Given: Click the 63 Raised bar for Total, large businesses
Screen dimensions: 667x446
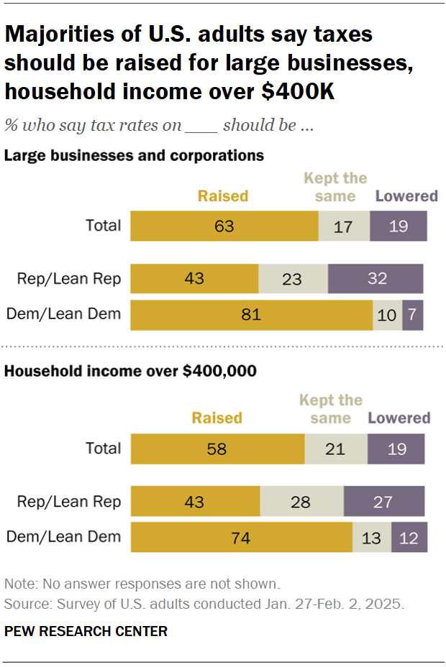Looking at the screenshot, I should tap(224, 226).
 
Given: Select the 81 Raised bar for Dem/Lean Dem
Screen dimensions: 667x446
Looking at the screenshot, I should tap(251, 315).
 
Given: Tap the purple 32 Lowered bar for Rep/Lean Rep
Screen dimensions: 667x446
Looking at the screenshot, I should tap(376, 279).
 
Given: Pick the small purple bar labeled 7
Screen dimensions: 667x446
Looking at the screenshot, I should tap(413, 315).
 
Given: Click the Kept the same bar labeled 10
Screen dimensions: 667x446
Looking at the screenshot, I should tap(388, 315).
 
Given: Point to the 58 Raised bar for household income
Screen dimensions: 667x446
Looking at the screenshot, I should tap(217, 449).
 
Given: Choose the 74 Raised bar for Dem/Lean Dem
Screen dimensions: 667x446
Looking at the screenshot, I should tap(241, 537).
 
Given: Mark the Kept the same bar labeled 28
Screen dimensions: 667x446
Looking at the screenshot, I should tap(301, 502).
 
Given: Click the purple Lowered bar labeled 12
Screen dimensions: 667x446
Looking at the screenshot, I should tap(409, 537).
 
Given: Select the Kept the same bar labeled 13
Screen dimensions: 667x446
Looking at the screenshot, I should tap(372, 537).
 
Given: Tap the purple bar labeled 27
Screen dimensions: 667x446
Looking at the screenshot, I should tap(384, 502).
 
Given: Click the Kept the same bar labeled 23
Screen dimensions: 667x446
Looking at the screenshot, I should tap(293, 279).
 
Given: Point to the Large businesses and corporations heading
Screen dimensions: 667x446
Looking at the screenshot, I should tap(135, 155).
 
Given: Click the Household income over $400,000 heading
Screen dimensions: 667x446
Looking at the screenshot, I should tap(131, 372).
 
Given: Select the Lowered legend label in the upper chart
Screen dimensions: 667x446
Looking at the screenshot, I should tap(406, 196).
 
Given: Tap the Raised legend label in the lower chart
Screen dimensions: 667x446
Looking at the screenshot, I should tap(217, 418).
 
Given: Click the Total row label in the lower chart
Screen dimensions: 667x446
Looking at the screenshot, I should tap(104, 448).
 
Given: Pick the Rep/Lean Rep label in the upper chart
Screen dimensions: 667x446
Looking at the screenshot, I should tap(69, 278).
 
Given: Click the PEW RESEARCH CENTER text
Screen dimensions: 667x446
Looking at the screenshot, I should tap(86, 632).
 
